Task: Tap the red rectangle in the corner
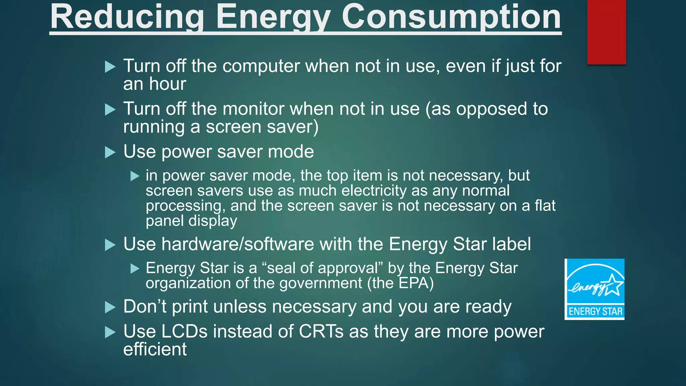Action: click(x=606, y=32)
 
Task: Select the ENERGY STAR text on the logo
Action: click(x=595, y=311)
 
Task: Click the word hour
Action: click(x=167, y=84)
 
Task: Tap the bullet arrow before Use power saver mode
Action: click(x=110, y=152)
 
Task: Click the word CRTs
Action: click(x=321, y=332)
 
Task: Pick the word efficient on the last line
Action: click(x=155, y=349)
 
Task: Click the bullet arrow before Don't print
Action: click(x=110, y=307)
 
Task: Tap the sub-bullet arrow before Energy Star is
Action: click(x=135, y=268)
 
